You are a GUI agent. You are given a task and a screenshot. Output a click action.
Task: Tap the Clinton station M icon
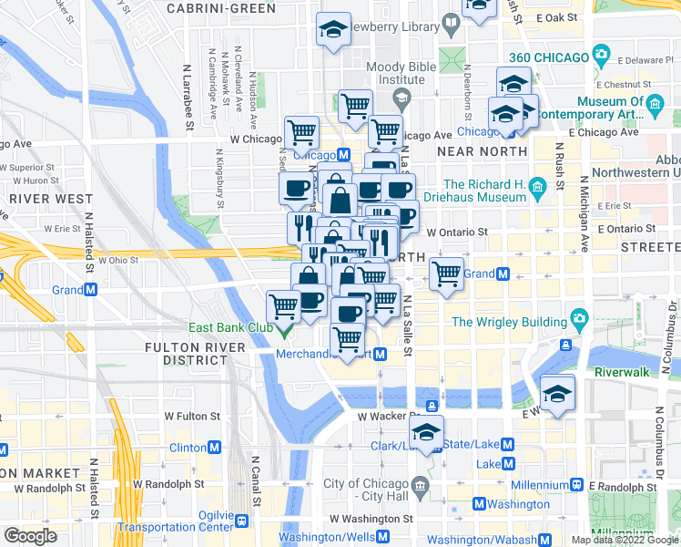pyautogui.click(x=214, y=447)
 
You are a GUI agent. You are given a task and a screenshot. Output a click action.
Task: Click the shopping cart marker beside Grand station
pyautogui.click(x=446, y=272)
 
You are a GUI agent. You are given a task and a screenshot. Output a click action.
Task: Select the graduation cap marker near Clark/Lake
pyautogui.click(x=426, y=431)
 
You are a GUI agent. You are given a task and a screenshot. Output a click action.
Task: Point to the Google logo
pyautogui.click(x=29, y=536)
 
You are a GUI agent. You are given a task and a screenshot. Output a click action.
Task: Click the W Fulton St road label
pyautogui.click(x=193, y=416)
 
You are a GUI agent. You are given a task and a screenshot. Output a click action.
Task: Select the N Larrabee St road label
pyautogui.click(x=188, y=86)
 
